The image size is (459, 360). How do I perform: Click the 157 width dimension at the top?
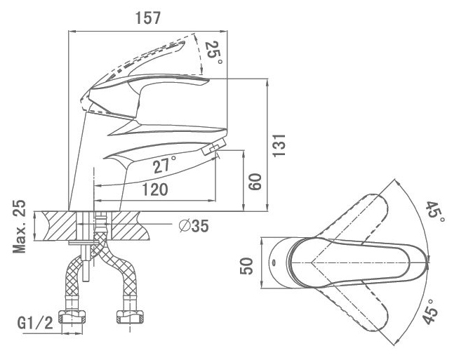tap(148, 18)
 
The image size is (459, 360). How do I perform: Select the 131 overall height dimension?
tap(279, 145)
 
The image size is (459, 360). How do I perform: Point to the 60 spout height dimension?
tap(255, 182)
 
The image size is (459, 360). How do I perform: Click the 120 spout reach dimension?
tap(155, 189)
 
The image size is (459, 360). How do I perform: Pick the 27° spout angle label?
tap(164, 164)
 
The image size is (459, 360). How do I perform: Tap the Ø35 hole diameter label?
tap(194, 226)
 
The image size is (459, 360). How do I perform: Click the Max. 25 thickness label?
tap(20, 226)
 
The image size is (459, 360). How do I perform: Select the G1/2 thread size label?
tap(35, 324)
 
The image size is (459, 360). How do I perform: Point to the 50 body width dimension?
tap(246, 266)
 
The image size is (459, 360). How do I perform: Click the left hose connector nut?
tap(72, 317)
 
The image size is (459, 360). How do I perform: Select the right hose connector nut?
tap(131, 317)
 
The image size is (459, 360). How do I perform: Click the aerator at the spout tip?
tap(214, 147)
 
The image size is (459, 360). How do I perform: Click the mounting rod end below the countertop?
tap(86, 279)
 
